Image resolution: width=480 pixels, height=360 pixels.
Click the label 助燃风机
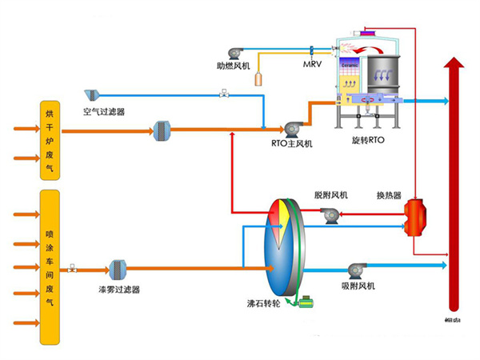[234, 65]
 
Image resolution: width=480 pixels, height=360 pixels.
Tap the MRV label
[314, 65]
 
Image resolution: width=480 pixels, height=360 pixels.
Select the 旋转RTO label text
[368, 140]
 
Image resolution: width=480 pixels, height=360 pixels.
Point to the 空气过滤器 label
[104, 112]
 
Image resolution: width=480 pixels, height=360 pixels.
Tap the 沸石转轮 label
[263, 305]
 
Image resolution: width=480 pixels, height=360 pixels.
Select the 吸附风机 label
[357, 286]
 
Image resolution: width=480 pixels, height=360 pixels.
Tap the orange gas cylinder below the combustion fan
[258, 78]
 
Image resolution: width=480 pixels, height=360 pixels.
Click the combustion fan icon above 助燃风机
[237, 49]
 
